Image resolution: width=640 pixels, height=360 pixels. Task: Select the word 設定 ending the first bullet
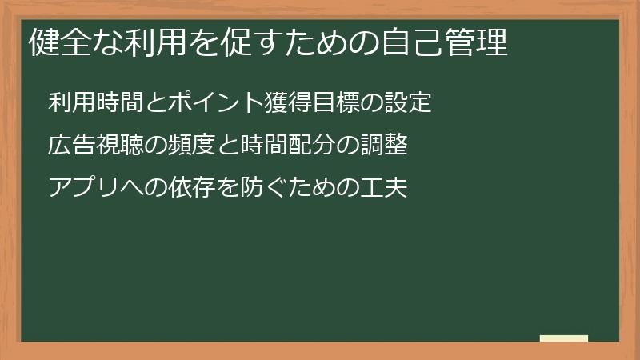[408, 103]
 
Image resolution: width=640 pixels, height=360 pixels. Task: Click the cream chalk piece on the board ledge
[563, 338]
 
